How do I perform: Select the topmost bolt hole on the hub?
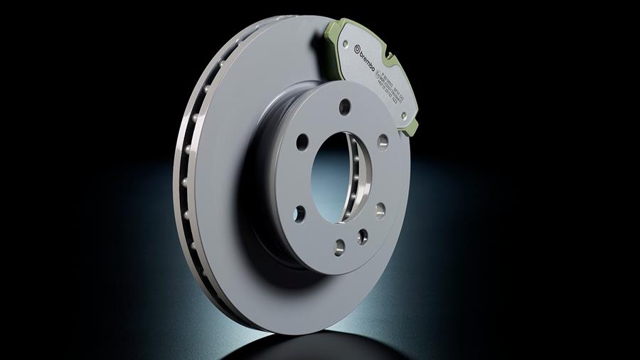coord(345,107)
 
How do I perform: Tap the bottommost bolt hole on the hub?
coord(340,245)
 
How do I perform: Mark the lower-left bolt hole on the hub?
coord(299,213)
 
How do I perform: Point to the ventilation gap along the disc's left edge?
coord(186,178)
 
